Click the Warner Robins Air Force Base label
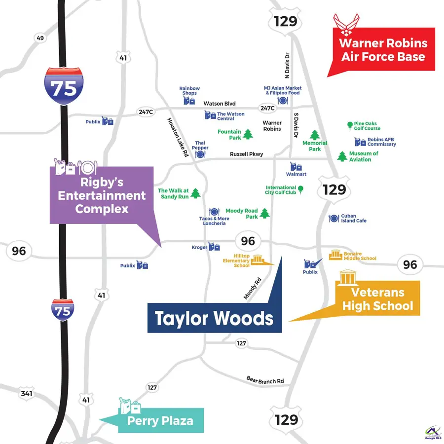[x=383, y=49]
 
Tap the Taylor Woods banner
[x=214, y=318]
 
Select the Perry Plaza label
[x=160, y=421]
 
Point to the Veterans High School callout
[x=377, y=299]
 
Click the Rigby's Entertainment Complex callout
[x=101, y=195]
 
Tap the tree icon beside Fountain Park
[x=248, y=134]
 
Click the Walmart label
[x=296, y=174]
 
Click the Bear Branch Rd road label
[x=265, y=380]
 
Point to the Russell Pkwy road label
[x=246, y=154]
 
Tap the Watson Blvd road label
[x=220, y=104]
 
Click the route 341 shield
[x=26, y=394]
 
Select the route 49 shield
[x=40, y=38]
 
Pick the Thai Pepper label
[x=200, y=145]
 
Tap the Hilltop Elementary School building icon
[x=259, y=260]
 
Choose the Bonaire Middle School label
[x=360, y=256]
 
